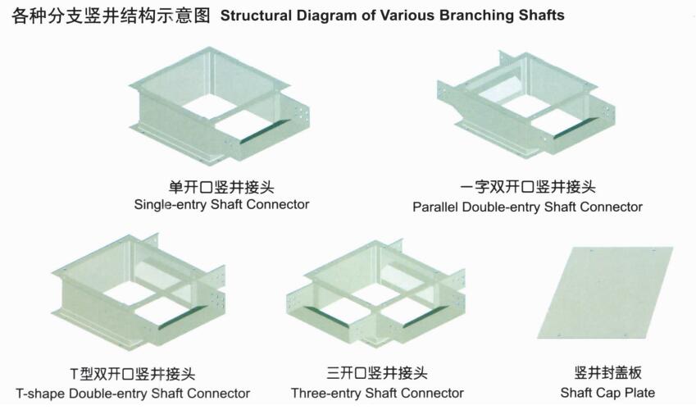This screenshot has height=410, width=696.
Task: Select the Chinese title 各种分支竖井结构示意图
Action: tap(111, 16)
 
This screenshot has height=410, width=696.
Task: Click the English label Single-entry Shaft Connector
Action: tap(221, 205)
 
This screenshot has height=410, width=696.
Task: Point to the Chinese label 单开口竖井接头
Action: tap(221, 187)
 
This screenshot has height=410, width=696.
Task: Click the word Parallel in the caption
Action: tap(435, 207)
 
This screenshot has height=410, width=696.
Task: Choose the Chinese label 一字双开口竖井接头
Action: tap(528, 187)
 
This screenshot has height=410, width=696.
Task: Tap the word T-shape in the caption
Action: tap(41, 394)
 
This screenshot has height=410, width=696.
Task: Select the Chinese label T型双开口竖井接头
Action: tap(133, 374)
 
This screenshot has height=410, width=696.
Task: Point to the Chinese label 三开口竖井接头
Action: tap(377, 372)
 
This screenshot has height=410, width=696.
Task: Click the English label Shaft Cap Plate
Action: tap(607, 393)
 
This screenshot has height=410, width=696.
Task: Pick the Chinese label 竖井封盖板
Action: tap(607, 372)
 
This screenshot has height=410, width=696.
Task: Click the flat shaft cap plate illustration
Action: tap(606, 292)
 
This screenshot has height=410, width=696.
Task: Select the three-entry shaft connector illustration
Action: tap(376, 294)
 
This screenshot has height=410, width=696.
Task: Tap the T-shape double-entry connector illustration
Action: tap(139, 292)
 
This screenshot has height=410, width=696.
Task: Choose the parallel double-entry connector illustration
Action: tap(526, 103)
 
